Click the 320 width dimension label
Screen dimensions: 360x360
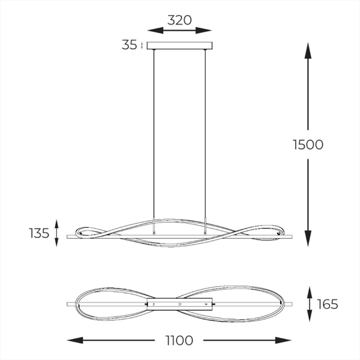click(179, 20)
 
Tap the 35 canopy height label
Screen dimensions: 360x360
click(129, 45)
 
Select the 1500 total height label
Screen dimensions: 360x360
click(308, 145)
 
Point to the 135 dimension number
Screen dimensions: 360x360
click(39, 233)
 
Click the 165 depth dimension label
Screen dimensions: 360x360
click(328, 304)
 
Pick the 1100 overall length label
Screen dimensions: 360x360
click(179, 340)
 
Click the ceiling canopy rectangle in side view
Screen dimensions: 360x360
click(179, 46)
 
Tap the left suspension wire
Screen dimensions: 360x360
click(154, 133)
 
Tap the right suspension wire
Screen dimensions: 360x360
click(205, 133)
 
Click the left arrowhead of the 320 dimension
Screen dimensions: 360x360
click(155, 30)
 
